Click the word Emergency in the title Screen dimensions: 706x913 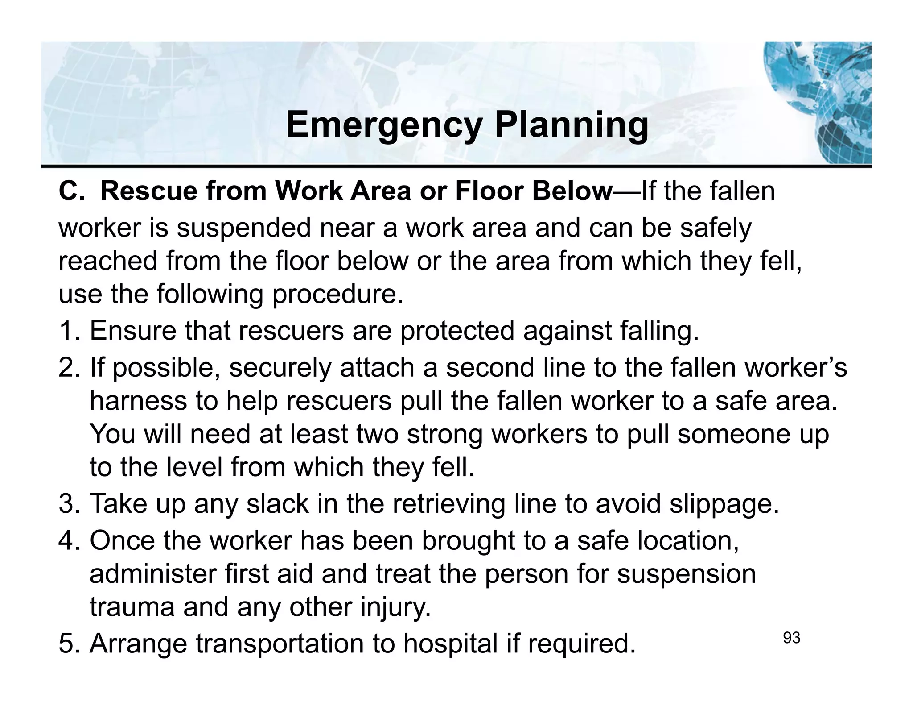(384, 126)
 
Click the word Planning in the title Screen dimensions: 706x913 (572, 126)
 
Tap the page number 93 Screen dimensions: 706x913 (791, 639)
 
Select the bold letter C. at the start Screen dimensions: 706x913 (71, 191)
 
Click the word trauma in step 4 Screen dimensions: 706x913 (132, 607)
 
